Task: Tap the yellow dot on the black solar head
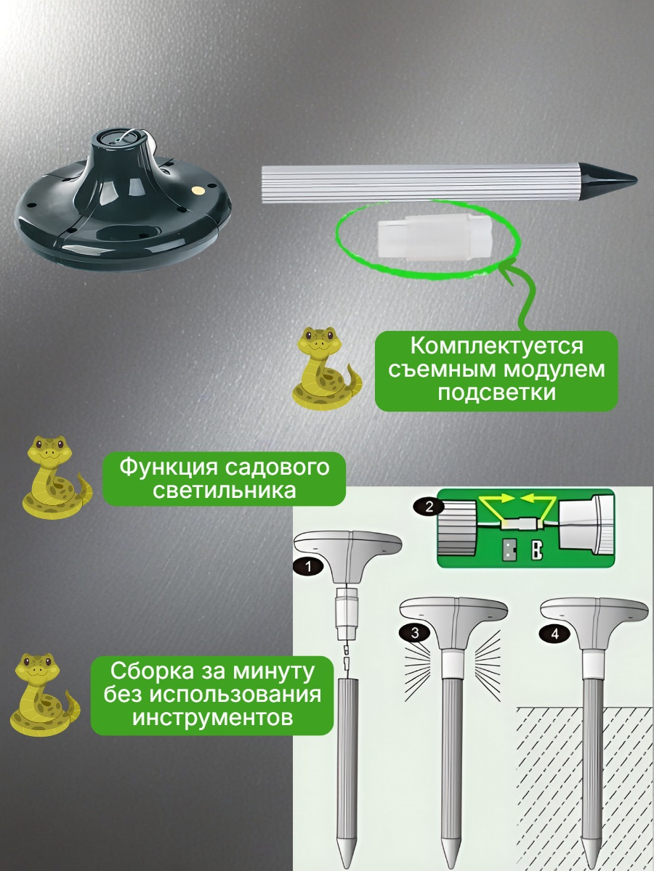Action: coord(196,190)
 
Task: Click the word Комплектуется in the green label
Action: coord(497,345)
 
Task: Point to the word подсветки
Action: coord(497,393)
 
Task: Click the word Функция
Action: coord(169,467)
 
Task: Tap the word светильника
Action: coord(225,491)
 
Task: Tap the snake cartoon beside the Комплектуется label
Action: coord(326,367)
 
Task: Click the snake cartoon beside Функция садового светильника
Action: coord(57,476)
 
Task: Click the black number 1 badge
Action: coord(309,566)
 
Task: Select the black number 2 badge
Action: coord(429,507)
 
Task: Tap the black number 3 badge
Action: coord(414,632)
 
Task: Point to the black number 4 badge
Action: coord(555,634)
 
